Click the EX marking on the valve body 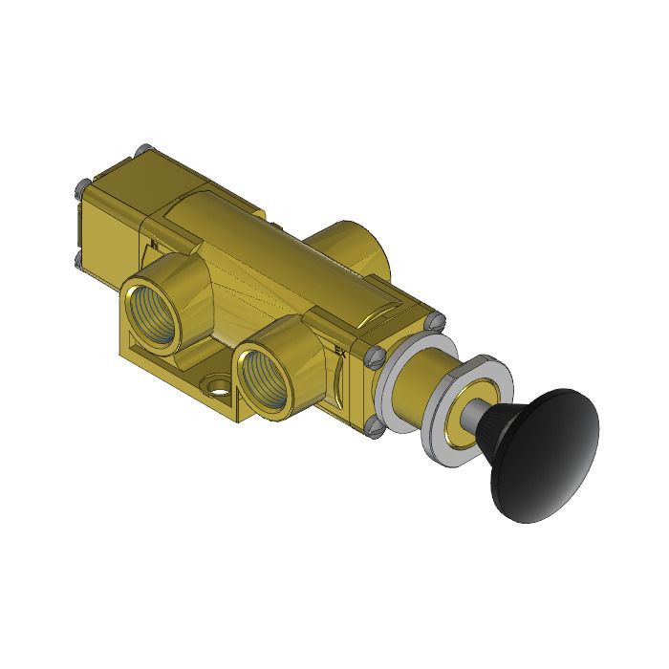click(340, 351)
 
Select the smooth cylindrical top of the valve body click(248, 239)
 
